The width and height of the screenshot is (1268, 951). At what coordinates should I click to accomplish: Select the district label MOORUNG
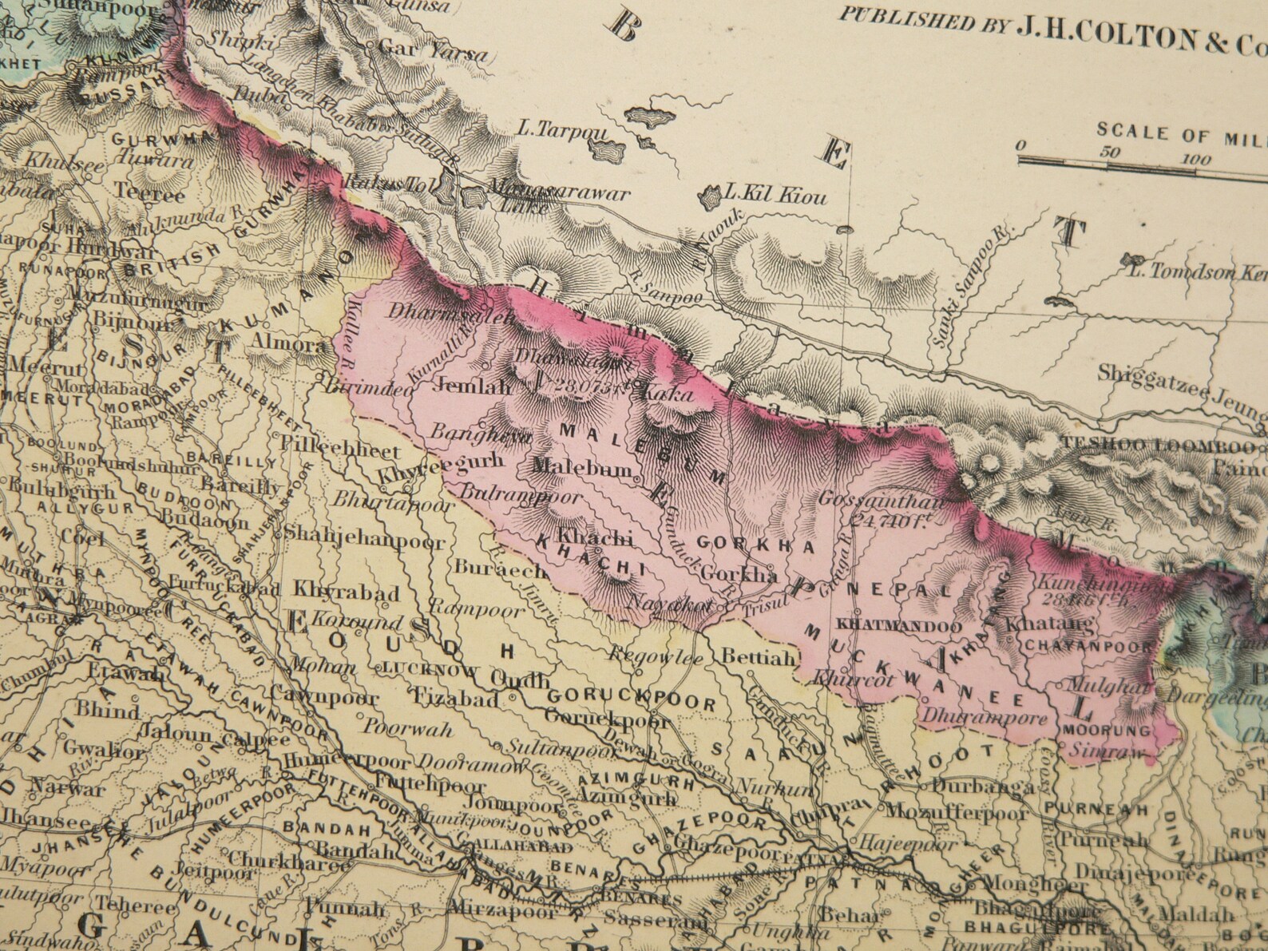(1105, 730)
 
